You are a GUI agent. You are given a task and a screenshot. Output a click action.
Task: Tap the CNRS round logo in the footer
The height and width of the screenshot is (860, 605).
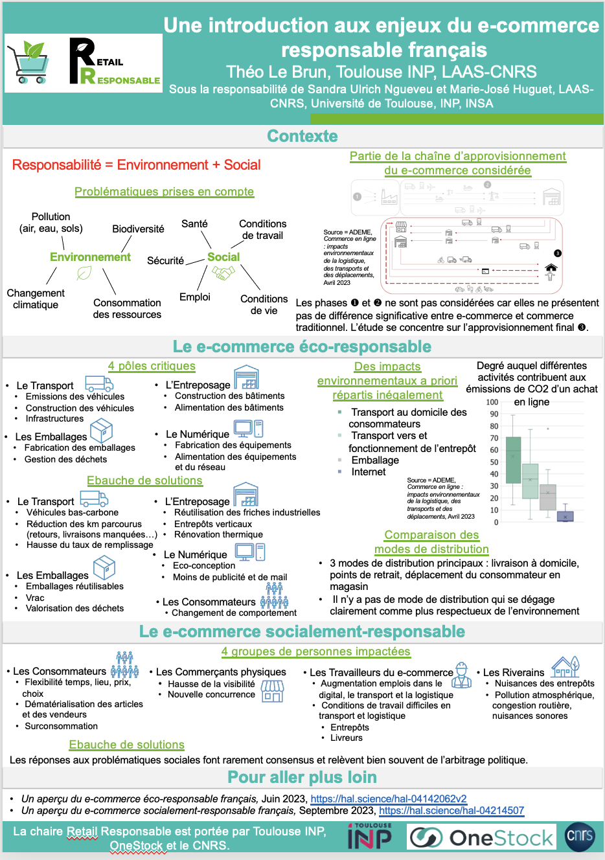(x=579, y=835)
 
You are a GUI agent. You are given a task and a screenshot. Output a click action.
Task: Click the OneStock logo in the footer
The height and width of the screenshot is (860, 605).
(x=482, y=837)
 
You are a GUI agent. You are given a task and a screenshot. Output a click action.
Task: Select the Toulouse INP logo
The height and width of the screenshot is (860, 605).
(x=370, y=836)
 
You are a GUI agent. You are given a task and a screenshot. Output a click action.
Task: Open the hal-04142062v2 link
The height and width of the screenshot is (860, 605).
(x=389, y=799)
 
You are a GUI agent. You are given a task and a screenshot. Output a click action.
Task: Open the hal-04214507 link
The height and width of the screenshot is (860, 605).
(x=451, y=811)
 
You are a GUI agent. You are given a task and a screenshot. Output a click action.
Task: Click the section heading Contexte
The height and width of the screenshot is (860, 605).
(x=302, y=136)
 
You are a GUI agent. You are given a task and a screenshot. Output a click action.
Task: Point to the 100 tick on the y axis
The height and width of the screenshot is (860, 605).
(x=492, y=402)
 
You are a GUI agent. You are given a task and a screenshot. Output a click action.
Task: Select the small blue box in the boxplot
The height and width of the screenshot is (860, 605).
(x=565, y=516)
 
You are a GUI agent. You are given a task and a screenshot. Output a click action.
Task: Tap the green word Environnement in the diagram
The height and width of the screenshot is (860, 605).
(x=90, y=257)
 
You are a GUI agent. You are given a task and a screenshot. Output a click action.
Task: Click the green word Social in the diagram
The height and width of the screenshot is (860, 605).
(x=223, y=257)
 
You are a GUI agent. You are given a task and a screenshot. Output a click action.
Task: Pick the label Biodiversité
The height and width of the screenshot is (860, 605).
(x=138, y=229)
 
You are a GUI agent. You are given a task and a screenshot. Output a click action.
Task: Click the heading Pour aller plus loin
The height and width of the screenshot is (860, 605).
(x=302, y=777)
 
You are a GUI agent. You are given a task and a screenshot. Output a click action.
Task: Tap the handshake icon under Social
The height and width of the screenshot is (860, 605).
(x=223, y=274)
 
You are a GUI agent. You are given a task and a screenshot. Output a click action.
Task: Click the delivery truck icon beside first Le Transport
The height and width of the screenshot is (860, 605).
(x=99, y=383)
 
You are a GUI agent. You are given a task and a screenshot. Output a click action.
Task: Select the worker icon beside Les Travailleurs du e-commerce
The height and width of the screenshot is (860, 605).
(x=461, y=675)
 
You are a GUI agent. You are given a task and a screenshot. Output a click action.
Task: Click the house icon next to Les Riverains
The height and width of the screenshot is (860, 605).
(x=565, y=666)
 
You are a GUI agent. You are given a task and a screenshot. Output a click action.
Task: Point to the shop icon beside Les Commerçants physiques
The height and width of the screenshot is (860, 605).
(x=273, y=690)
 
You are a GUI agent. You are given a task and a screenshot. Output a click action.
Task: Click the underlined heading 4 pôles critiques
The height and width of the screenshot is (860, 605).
(x=152, y=366)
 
